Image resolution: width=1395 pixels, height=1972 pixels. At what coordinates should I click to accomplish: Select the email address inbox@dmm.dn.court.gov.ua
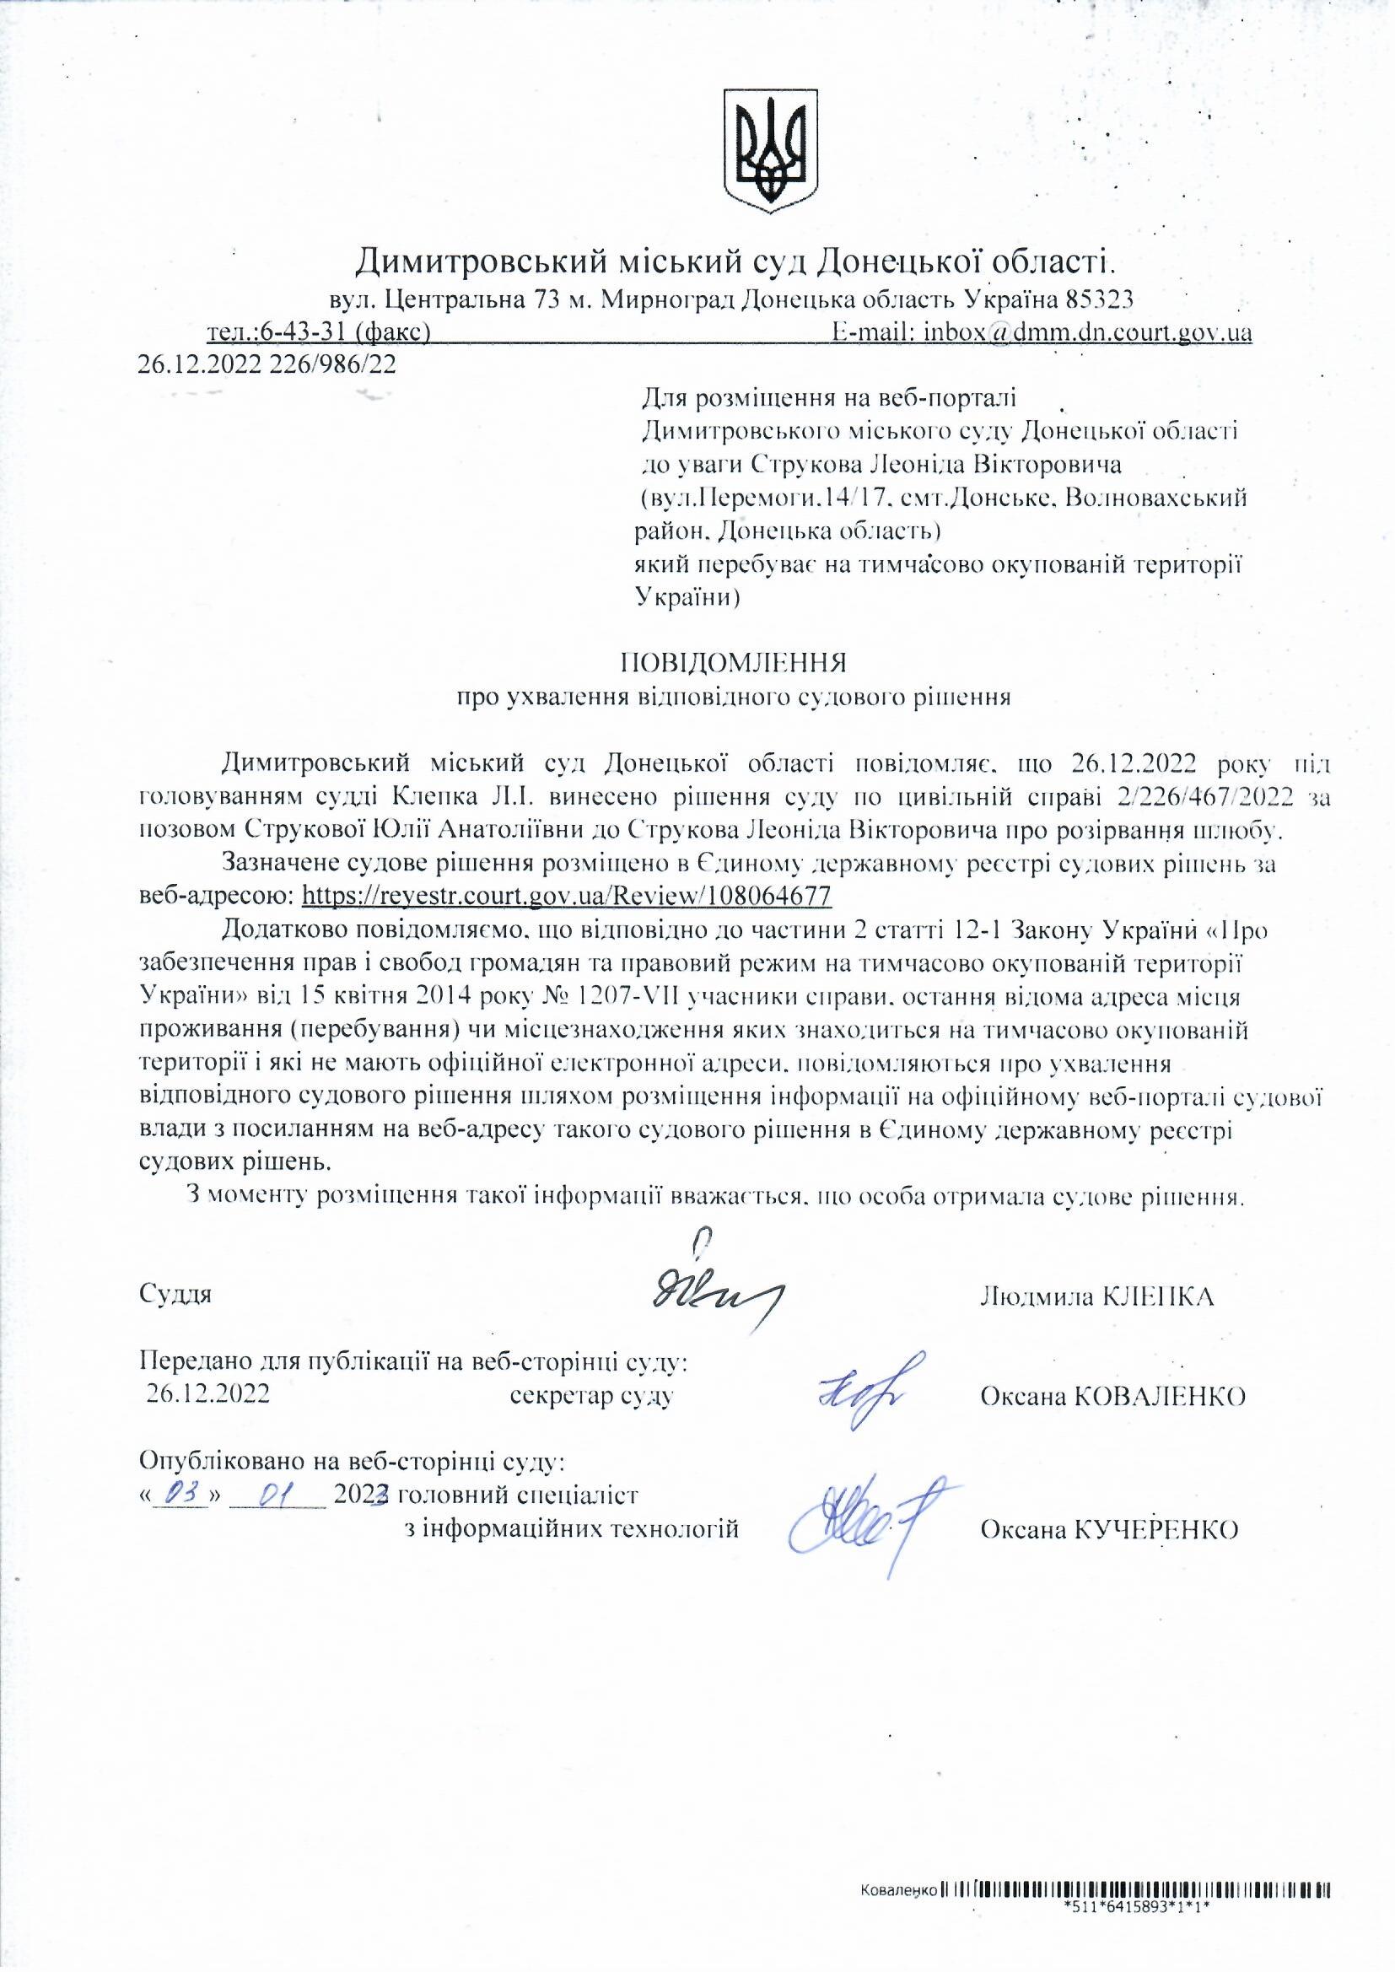pos(1086,332)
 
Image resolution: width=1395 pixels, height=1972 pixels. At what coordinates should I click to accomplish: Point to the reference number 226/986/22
pos(333,364)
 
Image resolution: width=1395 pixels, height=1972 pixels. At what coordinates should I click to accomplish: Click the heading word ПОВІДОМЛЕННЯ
pos(734,662)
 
